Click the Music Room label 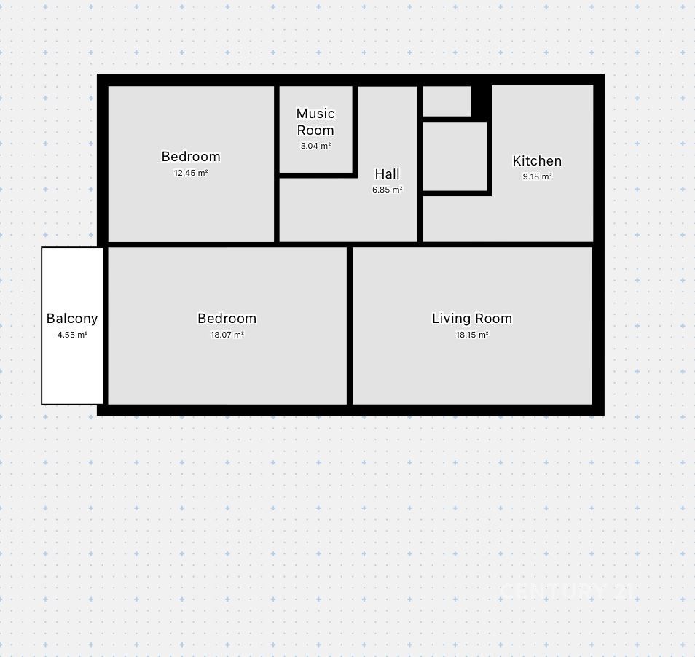(x=315, y=122)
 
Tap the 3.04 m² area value (x=315, y=146)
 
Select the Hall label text (x=387, y=174)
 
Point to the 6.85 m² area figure (x=387, y=190)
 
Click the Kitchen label (x=537, y=161)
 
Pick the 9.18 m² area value (x=537, y=176)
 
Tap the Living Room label (x=471, y=319)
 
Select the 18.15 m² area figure (x=471, y=335)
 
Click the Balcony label (x=72, y=319)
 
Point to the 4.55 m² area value (x=72, y=335)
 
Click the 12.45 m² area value (x=191, y=173)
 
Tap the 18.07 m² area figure (x=227, y=335)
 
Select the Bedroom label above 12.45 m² (x=191, y=157)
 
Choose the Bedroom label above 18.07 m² (x=227, y=319)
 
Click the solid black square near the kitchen (x=481, y=102)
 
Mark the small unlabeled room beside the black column (x=447, y=101)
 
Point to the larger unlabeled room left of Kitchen (x=455, y=156)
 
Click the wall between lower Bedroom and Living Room (x=350, y=326)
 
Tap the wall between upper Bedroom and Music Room (x=277, y=164)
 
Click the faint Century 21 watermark (x=567, y=592)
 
